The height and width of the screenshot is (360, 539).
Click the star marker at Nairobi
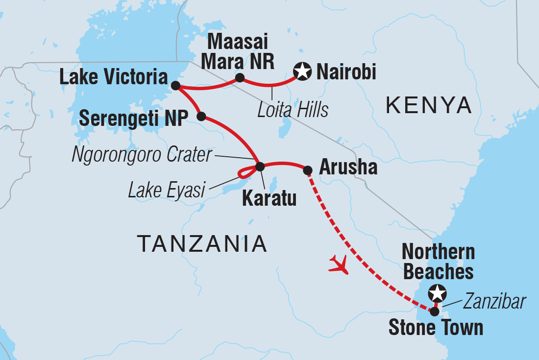[x=302, y=72]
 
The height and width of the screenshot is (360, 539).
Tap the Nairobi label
[x=346, y=72]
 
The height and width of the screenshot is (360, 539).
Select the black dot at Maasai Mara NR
[x=240, y=77]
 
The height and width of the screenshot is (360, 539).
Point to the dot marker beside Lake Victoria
[x=175, y=86]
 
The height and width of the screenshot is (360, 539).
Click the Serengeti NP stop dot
[x=201, y=117]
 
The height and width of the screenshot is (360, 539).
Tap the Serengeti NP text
[x=131, y=118]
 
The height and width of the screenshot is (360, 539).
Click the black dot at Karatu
[x=260, y=166]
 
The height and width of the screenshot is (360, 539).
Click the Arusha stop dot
[x=307, y=170]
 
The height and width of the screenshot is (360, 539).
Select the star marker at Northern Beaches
[x=437, y=293]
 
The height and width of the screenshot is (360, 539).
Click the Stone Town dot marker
[x=434, y=310]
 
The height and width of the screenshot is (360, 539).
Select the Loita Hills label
[x=293, y=110]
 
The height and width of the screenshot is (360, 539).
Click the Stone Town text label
[x=436, y=328]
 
